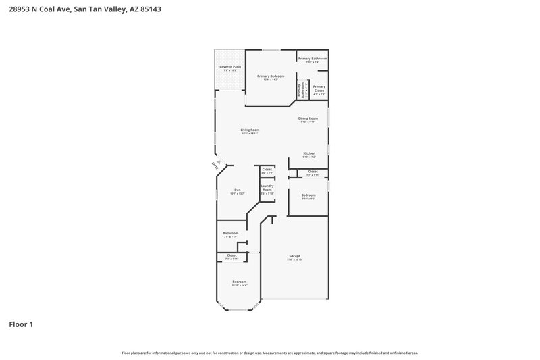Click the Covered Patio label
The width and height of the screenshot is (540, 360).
coord(230,67)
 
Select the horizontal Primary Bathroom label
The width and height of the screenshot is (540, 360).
coord(313,59)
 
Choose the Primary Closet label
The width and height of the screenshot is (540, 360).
coord(319,88)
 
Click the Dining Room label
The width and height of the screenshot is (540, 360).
coord(308,118)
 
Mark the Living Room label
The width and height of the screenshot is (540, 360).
coord(250,130)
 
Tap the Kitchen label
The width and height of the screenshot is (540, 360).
coord(309,153)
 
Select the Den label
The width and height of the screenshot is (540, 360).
coord(238,190)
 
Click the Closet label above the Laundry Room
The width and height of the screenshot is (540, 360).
coord(267,169)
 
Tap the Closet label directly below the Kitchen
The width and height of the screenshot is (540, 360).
coord(313,172)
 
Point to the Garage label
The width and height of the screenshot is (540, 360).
coord(295,256)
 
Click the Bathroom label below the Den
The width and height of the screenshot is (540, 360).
coord(231,233)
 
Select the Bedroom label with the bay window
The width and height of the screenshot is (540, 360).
coord(240,282)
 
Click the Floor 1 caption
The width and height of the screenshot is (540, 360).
coord(21,324)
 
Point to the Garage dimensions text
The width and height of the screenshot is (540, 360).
coord(295,259)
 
